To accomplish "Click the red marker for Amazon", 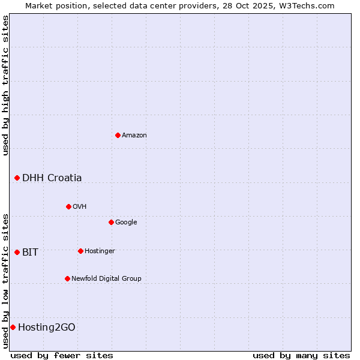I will pyautogui.click(x=118, y=135).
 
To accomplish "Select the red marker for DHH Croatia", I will pyautogui.click(x=17, y=178).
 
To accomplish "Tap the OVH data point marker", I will pyautogui.click(x=68, y=206).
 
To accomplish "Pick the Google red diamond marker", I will pyautogui.click(x=111, y=222).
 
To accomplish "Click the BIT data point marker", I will pyautogui.click(x=17, y=252).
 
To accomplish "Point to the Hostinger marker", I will pyautogui.click(x=80, y=251).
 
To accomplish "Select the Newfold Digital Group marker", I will pyautogui.click(x=67, y=278).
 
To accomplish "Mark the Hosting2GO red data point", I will pyautogui.click(x=13, y=327).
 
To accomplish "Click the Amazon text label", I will pyautogui.click(x=134, y=135).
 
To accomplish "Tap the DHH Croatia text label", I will pyautogui.click(x=52, y=178).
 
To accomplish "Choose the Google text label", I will pyautogui.click(x=126, y=222).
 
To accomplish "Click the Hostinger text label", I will pyautogui.click(x=100, y=251).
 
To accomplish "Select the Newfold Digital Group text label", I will pyautogui.click(x=106, y=278).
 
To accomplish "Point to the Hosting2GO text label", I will pyautogui.click(x=47, y=327).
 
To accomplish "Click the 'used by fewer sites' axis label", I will pyautogui.click(x=62, y=355).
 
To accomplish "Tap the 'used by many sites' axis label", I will pyautogui.click(x=301, y=355).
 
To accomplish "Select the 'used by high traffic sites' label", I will pyautogui.click(x=5, y=85).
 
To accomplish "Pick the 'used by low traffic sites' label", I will pyautogui.click(x=5, y=281).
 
